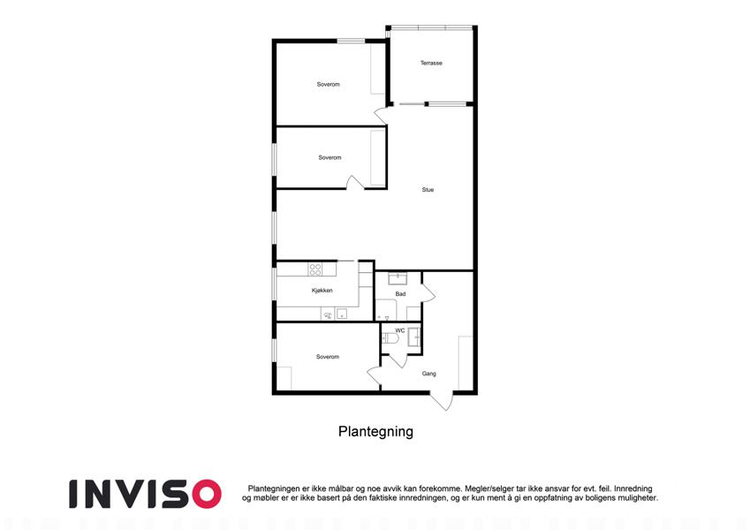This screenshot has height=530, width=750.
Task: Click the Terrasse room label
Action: click(431, 63)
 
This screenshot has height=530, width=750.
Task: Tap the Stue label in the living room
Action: click(428, 190)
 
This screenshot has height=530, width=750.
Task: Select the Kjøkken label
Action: click(322, 291)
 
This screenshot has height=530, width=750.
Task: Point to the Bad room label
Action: click(400, 293)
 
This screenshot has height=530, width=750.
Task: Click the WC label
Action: click(400, 330)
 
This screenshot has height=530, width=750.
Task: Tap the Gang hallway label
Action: click(428, 374)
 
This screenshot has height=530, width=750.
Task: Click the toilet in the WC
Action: click(390, 338)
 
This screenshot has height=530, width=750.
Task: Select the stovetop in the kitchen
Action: click(315, 269)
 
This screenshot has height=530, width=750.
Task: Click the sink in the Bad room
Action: click(398, 278)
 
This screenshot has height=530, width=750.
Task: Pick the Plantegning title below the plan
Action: click(375, 431)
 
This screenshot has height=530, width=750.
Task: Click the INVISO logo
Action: click(145, 494)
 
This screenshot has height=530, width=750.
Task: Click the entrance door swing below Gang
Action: click(442, 400)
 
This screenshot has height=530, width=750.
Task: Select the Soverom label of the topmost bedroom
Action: click(328, 84)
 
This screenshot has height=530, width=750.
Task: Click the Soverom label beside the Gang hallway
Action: click(328, 357)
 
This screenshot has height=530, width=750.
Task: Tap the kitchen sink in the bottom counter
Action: click(342, 314)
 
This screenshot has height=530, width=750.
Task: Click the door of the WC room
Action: click(397, 360)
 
